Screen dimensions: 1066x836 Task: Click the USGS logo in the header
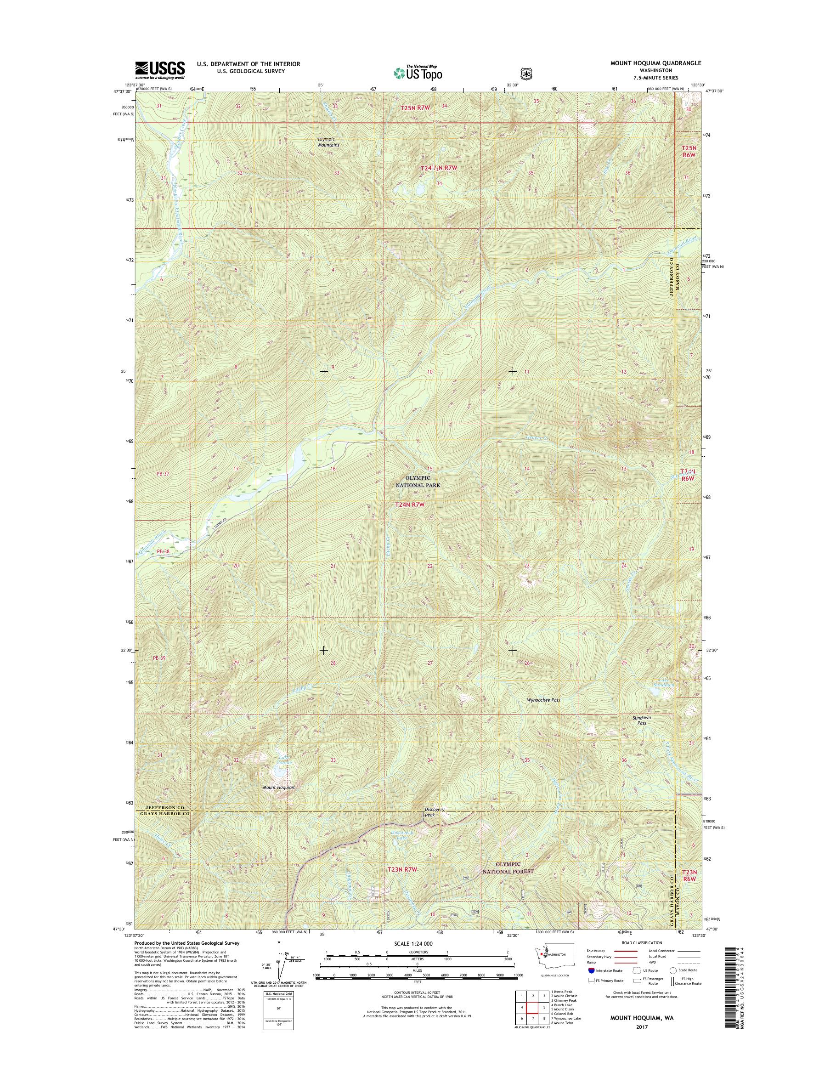click(160, 70)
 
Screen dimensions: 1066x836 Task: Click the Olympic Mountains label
click(328, 142)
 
